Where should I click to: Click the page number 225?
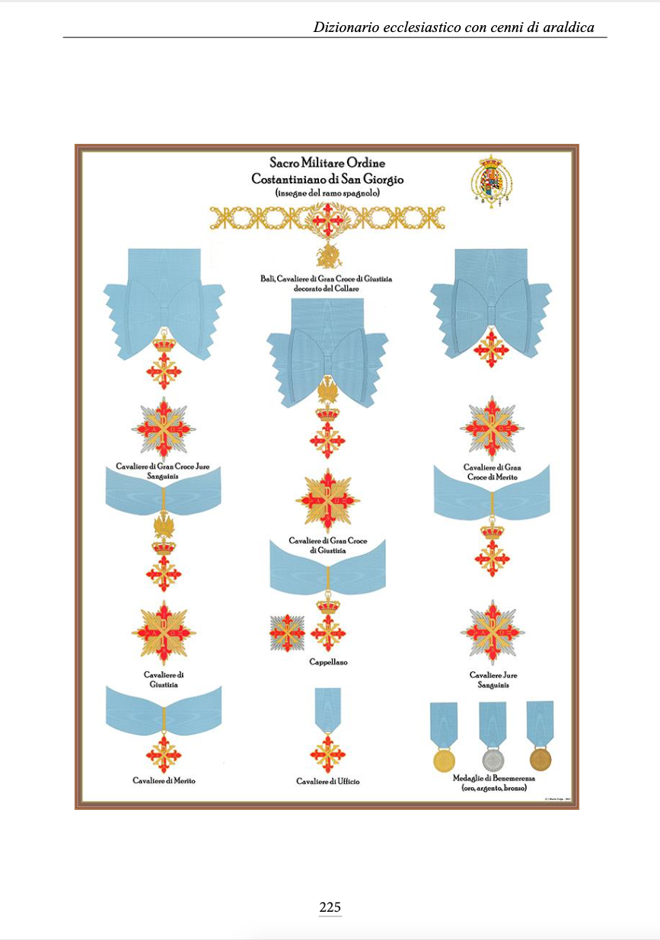pyautogui.click(x=330, y=907)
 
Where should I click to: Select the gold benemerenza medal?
pyautogui.click(x=443, y=760)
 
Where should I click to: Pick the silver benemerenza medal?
pyautogui.click(x=492, y=760)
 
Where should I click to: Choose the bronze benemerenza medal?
pyautogui.click(x=540, y=760)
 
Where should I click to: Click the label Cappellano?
pyautogui.click(x=328, y=662)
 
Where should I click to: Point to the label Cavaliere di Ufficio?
pyautogui.click(x=328, y=782)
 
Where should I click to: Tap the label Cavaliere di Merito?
pyautogui.click(x=164, y=781)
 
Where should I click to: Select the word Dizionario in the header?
pyautogui.click(x=347, y=27)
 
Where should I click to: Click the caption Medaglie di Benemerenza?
pyautogui.click(x=492, y=779)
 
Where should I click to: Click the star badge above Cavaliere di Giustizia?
pyautogui.click(x=164, y=633)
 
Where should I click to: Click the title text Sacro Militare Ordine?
pyautogui.click(x=327, y=163)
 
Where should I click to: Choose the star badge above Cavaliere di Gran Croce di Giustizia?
pyautogui.click(x=327, y=500)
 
